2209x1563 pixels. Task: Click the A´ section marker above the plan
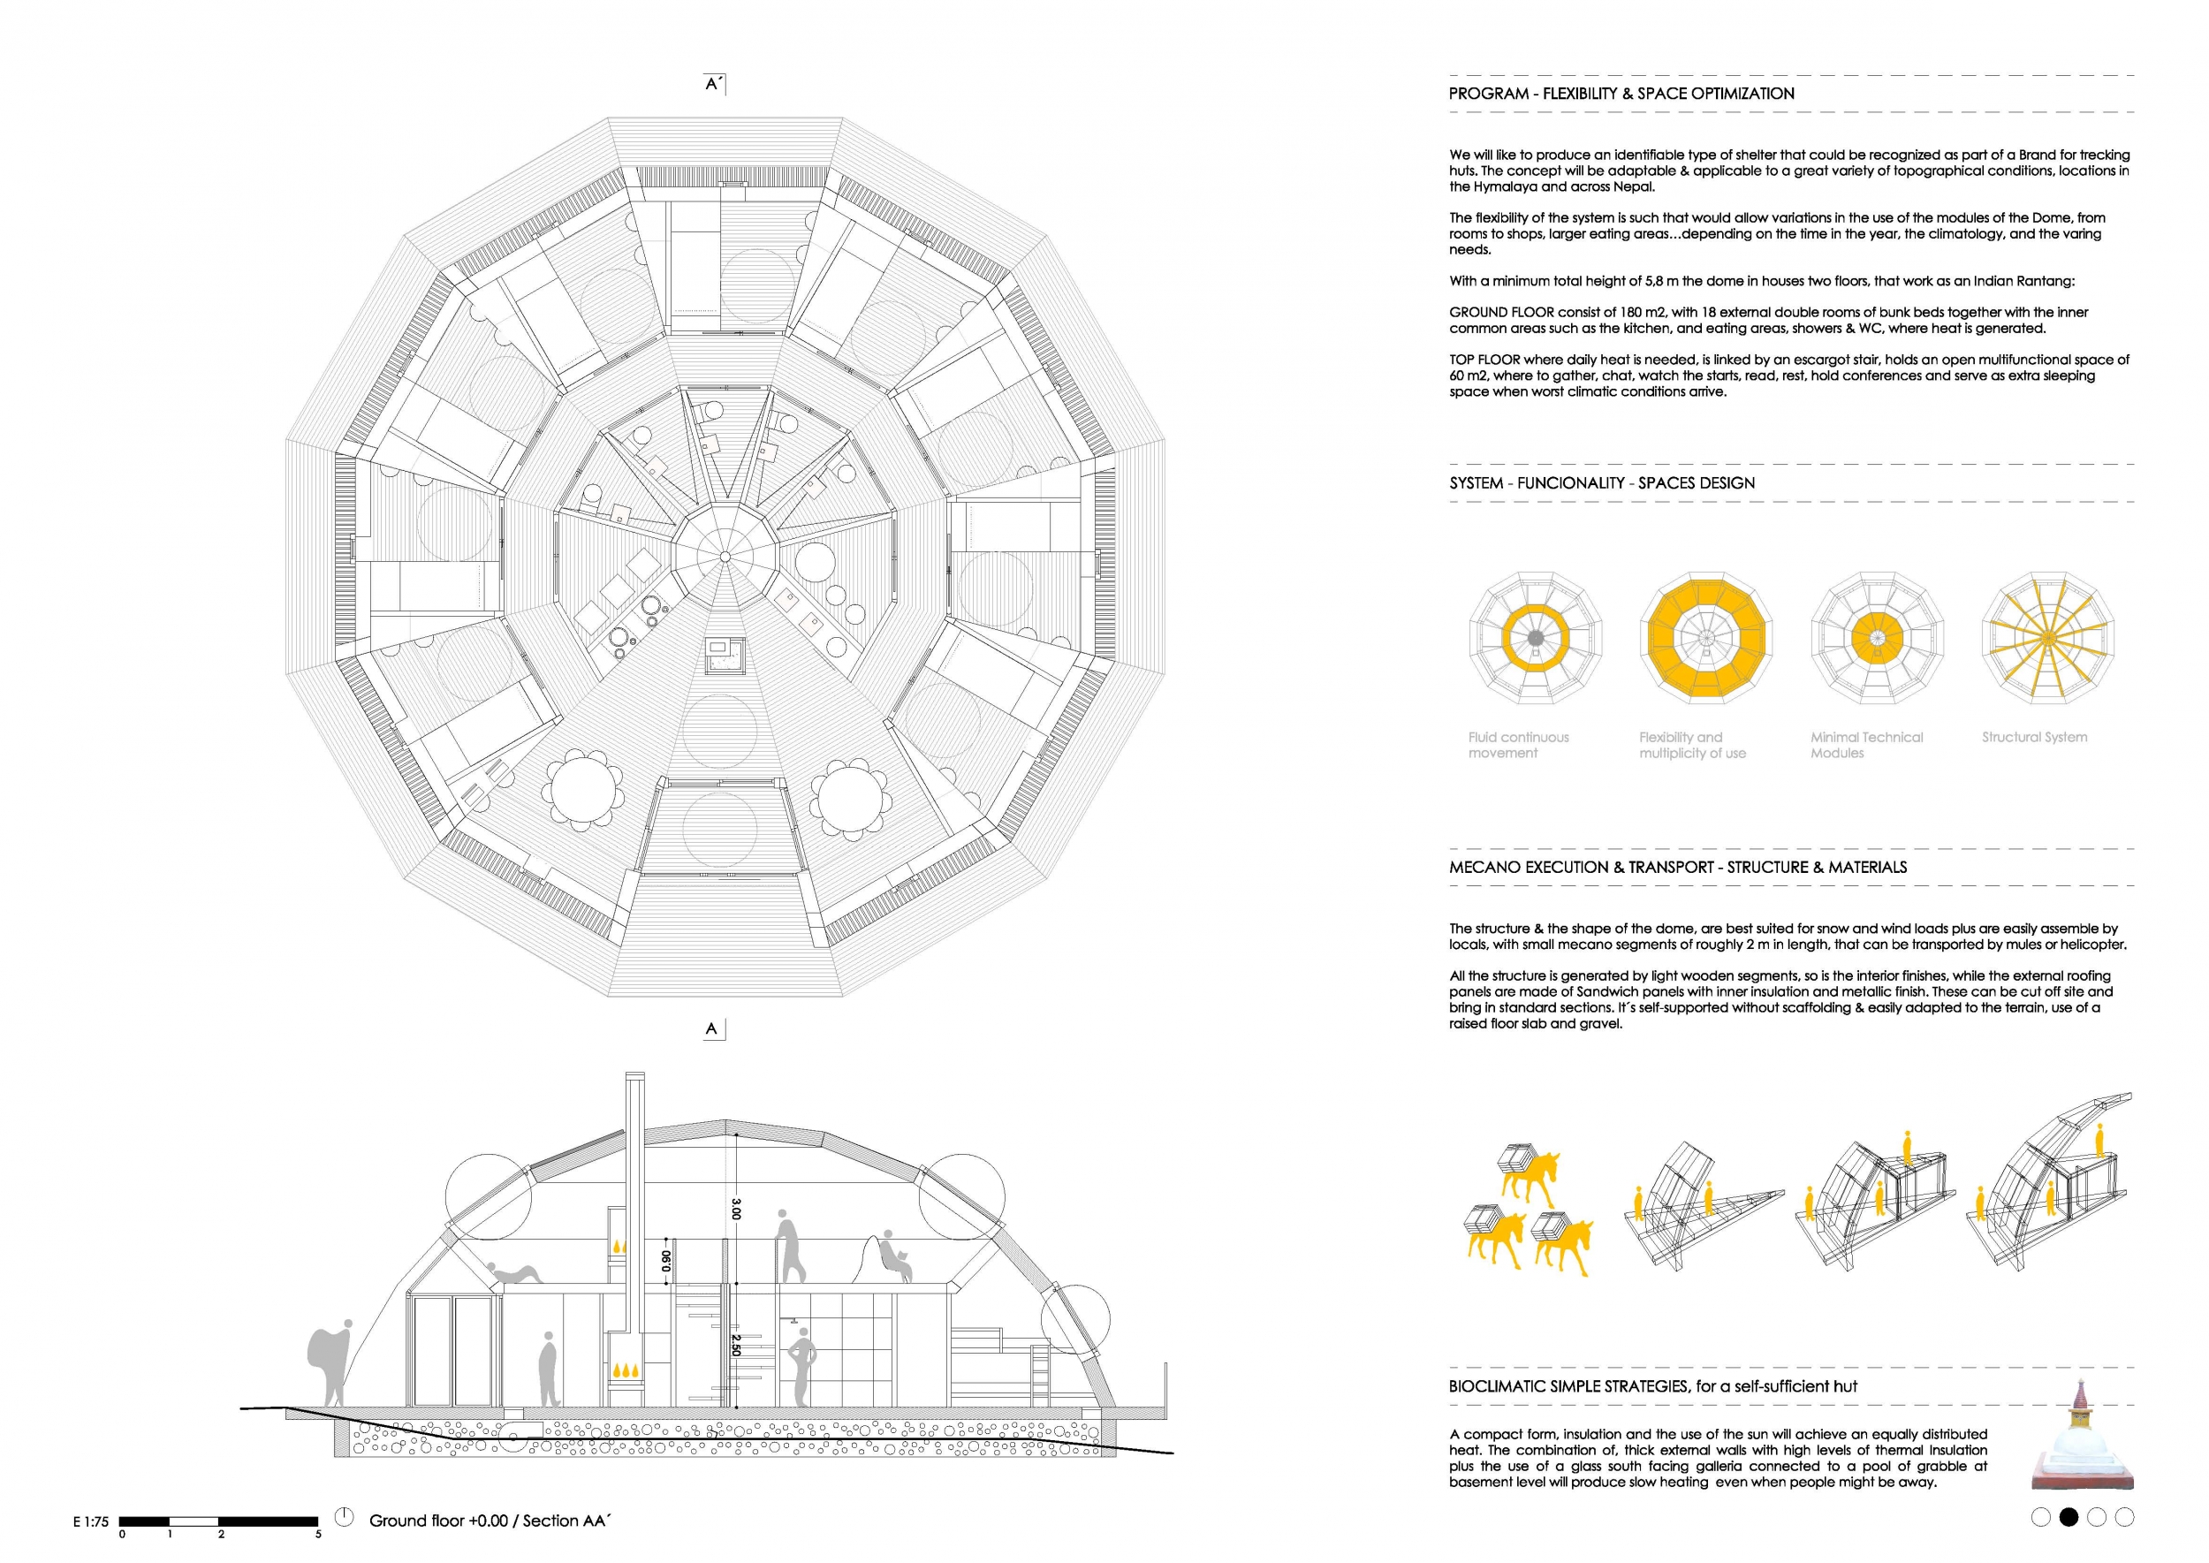pos(713,85)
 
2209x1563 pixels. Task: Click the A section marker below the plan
pos(711,1028)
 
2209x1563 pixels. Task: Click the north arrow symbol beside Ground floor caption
pos(344,1517)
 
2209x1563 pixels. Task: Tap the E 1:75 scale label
pos(90,1522)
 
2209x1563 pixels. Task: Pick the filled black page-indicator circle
pos(2068,1518)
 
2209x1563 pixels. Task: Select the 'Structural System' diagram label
pos(2034,737)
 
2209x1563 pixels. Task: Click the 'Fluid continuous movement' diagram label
pos(1518,745)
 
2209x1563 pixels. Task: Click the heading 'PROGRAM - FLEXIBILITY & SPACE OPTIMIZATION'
pos(1621,94)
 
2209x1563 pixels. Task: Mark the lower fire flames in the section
pos(626,1370)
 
